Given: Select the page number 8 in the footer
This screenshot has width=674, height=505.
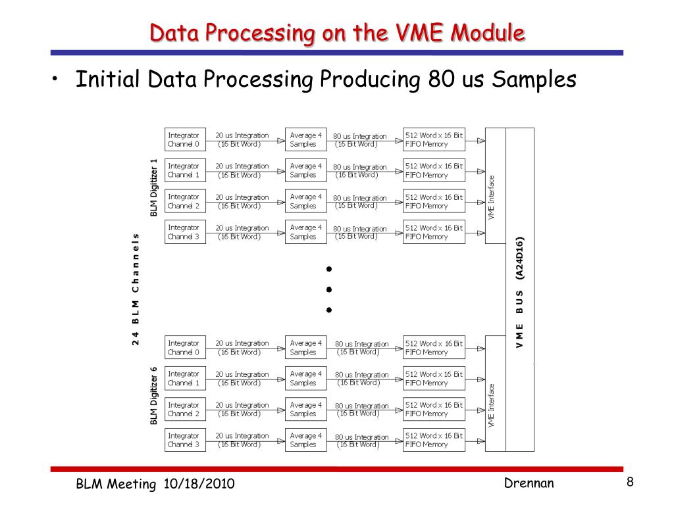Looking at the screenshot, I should [630, 483].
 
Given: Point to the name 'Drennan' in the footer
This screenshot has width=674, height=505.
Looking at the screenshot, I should [529, 484].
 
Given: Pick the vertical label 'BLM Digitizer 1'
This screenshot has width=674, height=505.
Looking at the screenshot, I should [154, 187].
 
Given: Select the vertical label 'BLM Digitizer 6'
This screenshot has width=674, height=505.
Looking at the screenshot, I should [154, 395].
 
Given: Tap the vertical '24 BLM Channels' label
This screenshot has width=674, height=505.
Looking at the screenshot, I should [136, 289].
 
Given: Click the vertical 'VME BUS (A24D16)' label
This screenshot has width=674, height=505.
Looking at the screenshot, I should [519, 291].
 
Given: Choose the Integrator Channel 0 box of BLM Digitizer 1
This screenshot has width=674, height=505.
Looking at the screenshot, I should [185, 139].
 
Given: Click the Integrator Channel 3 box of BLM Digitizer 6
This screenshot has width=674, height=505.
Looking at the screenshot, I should [185, 440].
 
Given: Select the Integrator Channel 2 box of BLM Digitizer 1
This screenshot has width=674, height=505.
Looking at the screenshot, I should [185, 201].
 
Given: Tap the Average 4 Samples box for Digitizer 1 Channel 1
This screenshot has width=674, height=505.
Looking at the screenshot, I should [305, 170].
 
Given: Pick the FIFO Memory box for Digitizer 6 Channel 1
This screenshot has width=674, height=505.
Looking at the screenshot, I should [434, 378].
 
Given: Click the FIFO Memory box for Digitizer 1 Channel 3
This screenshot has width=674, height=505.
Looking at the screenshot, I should [434, 232].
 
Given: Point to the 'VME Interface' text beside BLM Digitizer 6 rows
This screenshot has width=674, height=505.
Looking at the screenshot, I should [492, 406].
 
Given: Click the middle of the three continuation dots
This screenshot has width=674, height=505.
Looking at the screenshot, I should [328, 289].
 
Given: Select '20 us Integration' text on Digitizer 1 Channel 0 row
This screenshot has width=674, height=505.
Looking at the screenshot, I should [242, 135].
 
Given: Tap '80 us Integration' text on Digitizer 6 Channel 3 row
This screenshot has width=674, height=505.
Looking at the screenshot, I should [362, 437].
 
